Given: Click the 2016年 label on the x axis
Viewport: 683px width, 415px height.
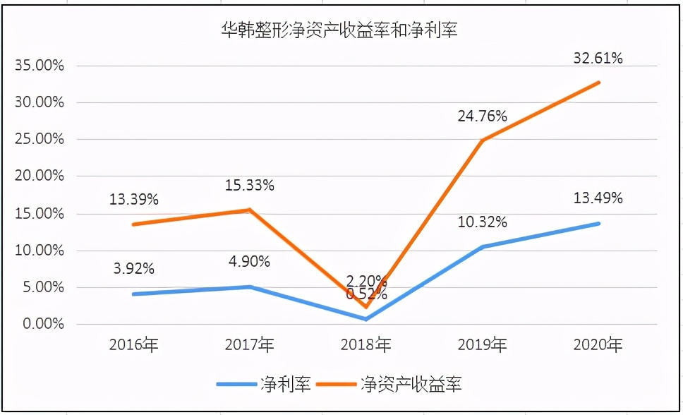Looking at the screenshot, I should [x=133, y=345].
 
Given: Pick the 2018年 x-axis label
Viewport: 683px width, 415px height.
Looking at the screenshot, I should [x=366, y=345].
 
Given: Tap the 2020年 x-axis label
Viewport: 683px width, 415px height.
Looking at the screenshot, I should [x=599, y=345].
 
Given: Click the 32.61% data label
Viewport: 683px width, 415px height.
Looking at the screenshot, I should [x=598, y=59].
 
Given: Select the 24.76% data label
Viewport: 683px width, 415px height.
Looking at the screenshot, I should [x=483, y=116].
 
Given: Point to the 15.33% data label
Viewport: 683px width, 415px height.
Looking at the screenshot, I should [x=250, y=186].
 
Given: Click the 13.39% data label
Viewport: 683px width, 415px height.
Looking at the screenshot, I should [x=133, y=200].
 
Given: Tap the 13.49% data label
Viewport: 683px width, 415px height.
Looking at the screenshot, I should [x=598, y=198].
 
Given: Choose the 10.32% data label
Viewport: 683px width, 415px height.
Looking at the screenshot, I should [x=483, y=222].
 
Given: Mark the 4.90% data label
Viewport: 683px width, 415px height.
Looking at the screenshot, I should [x=250, y=262].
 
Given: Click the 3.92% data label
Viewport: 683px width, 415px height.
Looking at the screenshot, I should [x=133, y=269].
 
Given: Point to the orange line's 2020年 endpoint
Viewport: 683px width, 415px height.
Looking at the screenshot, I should [x=599, y=83].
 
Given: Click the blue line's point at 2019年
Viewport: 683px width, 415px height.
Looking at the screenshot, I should [x=483, y=247].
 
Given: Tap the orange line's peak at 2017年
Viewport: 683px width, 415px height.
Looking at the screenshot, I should [x=250, y=210].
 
